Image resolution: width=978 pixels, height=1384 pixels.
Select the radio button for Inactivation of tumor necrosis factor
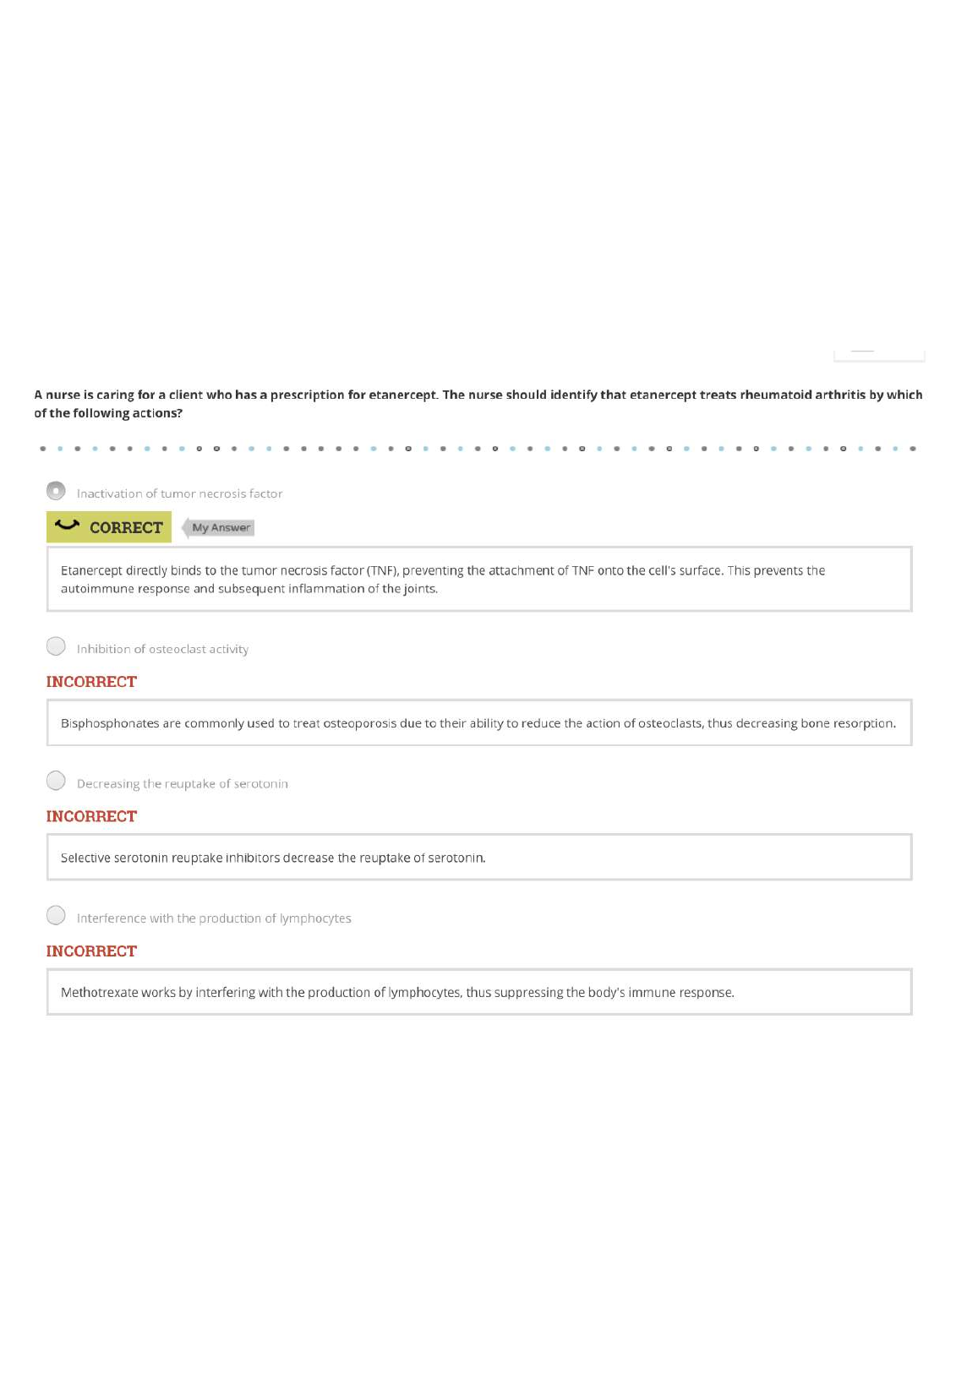tap(56, 491)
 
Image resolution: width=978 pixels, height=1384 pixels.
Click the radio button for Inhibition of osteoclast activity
tap(56, 646)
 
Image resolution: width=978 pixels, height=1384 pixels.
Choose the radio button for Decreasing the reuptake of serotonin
tap(56, 781)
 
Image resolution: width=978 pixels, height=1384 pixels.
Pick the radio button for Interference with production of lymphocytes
tap(56, 915)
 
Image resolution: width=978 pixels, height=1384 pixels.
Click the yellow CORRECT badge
tap(109, 527)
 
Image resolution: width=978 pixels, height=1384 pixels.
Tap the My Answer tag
tap(220, 528)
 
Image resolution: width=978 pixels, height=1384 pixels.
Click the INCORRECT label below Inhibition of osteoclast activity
tap(91, 682)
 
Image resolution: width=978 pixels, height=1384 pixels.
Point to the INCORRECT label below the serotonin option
tap(91, 816)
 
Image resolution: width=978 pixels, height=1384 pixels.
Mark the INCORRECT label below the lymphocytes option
tap(91, 951)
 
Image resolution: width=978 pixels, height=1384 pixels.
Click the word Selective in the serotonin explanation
tap(85, 858)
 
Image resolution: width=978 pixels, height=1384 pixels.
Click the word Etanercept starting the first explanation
tap(91, 571)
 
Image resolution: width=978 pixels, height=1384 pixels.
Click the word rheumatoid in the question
tap(775, 395)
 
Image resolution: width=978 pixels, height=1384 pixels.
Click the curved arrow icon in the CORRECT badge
tap(67, 526)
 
